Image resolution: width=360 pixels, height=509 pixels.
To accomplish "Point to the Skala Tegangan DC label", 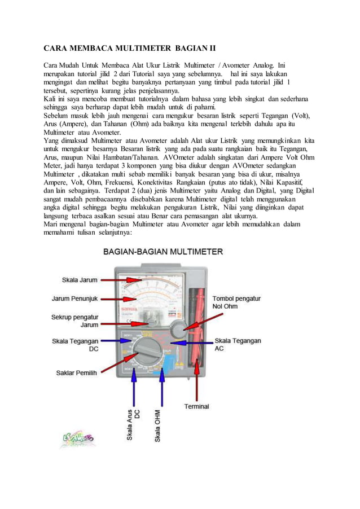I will coord(75,345).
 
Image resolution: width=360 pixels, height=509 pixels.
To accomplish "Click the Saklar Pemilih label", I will coord(76,372).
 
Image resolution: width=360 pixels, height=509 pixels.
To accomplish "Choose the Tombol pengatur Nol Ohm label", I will coord(236,302).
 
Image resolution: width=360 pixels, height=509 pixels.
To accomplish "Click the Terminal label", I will coord(196,406).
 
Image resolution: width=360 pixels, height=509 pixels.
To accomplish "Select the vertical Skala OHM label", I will coord(158,425).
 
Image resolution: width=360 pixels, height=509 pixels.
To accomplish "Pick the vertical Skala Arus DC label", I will coord(133,424).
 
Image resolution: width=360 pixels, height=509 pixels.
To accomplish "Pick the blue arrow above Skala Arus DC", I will coord(134,384).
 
